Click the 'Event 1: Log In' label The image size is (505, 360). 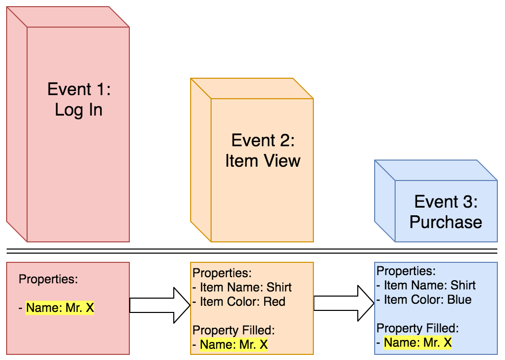pos(79,99)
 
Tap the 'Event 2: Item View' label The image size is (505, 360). pos(263,150)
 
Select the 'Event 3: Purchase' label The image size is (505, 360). pos(446,212)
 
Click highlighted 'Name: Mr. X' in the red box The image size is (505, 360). pos(60,308)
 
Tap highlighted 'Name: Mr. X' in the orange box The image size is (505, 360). pos(234,345)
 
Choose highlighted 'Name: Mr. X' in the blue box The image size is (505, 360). pos(418,343)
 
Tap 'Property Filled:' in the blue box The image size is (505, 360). pos(418,328)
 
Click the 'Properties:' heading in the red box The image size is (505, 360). pos(48,279)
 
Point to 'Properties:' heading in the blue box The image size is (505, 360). pos(406,271)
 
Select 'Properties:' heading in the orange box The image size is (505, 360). pos(222,273)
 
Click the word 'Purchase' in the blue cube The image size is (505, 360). pos(446,222)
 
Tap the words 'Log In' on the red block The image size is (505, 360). pos(79,109)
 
